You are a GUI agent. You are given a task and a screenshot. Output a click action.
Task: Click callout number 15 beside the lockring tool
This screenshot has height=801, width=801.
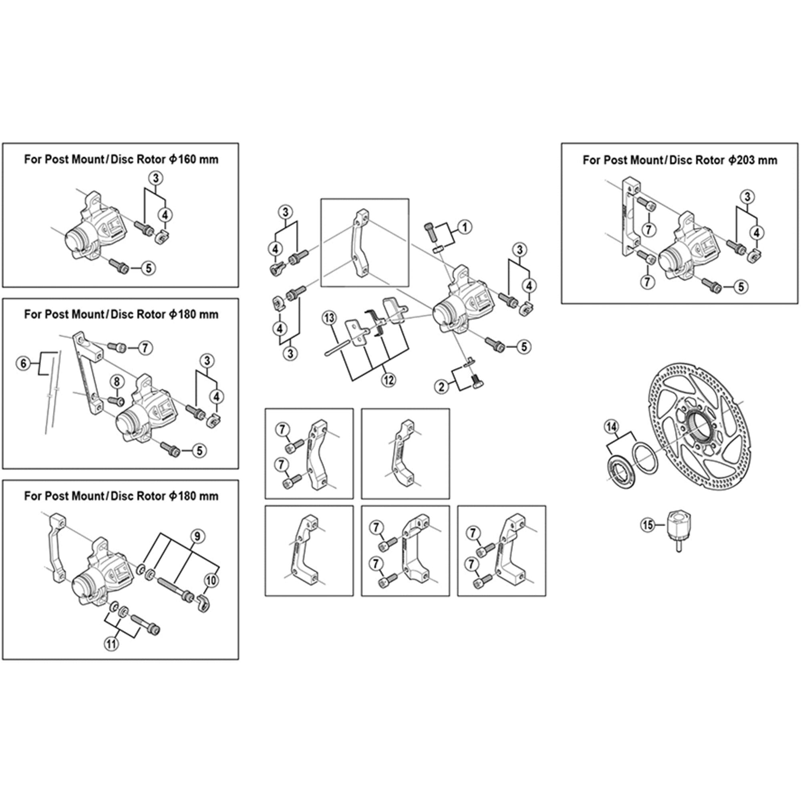[647, 525]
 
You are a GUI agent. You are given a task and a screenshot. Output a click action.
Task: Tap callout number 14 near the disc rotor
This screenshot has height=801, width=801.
[611, 427]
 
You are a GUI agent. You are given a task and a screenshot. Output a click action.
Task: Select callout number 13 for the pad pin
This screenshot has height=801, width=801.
[329, 318]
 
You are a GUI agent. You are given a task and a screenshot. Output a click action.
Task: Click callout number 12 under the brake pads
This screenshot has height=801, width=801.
[388, 380]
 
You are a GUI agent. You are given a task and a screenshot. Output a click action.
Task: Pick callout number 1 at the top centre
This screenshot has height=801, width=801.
[464, 227]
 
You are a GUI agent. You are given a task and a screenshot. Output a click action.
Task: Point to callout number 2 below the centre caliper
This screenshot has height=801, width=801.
[441, 387]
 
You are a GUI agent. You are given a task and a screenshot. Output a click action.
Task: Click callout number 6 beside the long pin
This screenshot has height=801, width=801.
[23, 364]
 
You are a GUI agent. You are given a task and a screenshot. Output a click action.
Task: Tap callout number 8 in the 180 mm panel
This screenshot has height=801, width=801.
[117, 381]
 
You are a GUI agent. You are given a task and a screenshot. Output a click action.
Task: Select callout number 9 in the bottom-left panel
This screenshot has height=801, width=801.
[197, 537]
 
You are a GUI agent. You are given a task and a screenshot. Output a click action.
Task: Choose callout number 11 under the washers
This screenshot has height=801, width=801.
[111, 644]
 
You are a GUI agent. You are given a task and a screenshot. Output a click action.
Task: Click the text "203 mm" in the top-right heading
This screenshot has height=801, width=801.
[753, 160]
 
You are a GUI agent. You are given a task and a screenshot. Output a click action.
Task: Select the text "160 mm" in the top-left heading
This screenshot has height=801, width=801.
[193, 159]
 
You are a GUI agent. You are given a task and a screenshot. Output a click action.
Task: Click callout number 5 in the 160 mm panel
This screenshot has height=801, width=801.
[149, 268]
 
